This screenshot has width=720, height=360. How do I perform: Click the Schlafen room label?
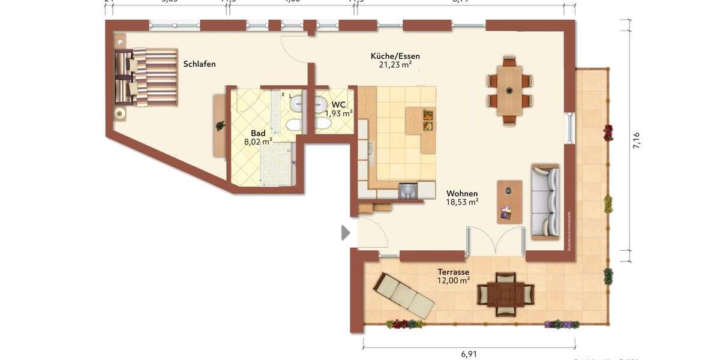pyautogui.click(x=199, y=64)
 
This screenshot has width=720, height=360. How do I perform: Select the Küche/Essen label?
pyautogui.click(x=395, y=56)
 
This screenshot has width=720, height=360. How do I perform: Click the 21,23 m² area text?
pyautogui.click(x=395, y=65)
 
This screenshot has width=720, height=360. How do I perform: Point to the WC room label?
pyautogui.click(x=338, y=104)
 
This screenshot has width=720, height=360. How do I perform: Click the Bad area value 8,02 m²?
pyautogui.click(x=258, y=142)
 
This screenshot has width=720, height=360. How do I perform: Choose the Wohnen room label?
pyautogui.click(x=462, y=194)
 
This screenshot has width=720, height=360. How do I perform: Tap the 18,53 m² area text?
pyautogui.click(x=462, y=203)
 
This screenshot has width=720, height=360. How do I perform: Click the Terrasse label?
pyautogui.click(x=453, y=272)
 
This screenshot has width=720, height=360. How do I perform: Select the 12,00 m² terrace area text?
pyautogui.click(x=453, y=280)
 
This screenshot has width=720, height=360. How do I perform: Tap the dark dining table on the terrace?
pyautogui.click(x=505, y=294)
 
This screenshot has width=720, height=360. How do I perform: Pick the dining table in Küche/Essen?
pyautogui.click(x=509, y=91)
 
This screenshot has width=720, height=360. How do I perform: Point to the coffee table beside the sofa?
pyautogui.click(x=509, y=202)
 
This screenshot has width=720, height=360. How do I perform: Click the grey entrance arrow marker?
pyautogui.click(x=345, y=233)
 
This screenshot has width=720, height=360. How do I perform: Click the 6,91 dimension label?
pyautogui.click(x=469, y=354)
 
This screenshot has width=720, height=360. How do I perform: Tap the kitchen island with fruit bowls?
pyautogui.click(x=427, y=130)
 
